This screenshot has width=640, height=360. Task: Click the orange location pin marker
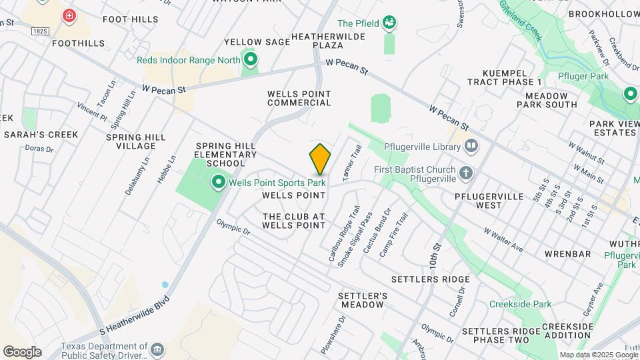point(320,159)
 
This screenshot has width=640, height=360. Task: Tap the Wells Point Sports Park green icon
point(218,181)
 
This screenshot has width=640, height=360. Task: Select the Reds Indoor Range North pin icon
point(251,61)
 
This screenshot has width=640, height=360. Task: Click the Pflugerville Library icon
point(471,145)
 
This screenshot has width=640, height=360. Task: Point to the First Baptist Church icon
point(466,173)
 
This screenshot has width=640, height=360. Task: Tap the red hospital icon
point(69,15)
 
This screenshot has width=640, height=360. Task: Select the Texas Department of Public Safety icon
point(157,349)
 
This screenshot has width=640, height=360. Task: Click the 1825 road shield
point(41,31)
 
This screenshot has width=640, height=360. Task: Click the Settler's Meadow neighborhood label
point(362,299)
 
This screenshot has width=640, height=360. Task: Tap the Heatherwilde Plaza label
point(328,40)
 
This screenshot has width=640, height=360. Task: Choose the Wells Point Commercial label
point(299,98)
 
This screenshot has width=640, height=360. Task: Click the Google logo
point(22,351)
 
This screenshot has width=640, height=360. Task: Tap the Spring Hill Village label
point(135,141)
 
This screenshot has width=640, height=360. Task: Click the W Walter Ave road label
point(503,239)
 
